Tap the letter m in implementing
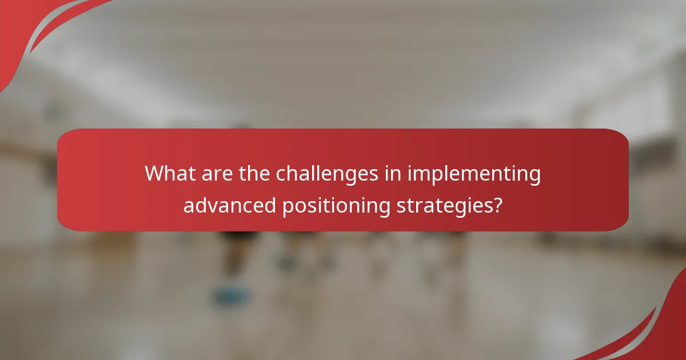(421, 174)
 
